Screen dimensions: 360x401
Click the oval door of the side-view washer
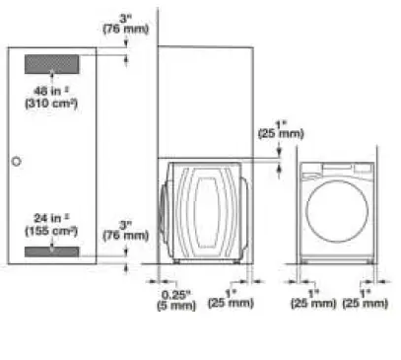209,209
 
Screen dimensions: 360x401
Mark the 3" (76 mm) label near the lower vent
125,231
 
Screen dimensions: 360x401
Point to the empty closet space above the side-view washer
207,99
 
